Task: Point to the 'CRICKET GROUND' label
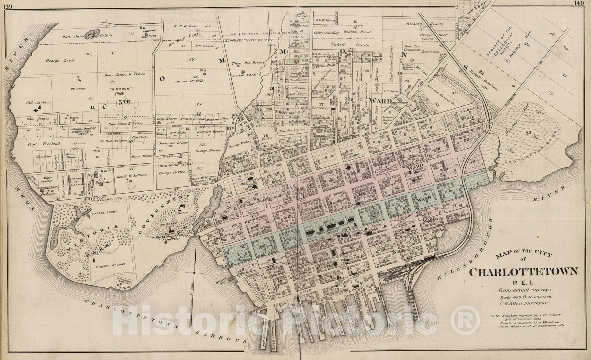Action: click(110, 264)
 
